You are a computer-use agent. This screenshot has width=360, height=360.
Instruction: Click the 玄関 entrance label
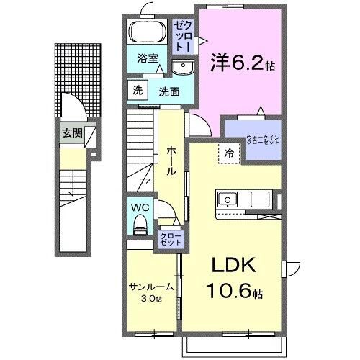click(71, 132)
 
